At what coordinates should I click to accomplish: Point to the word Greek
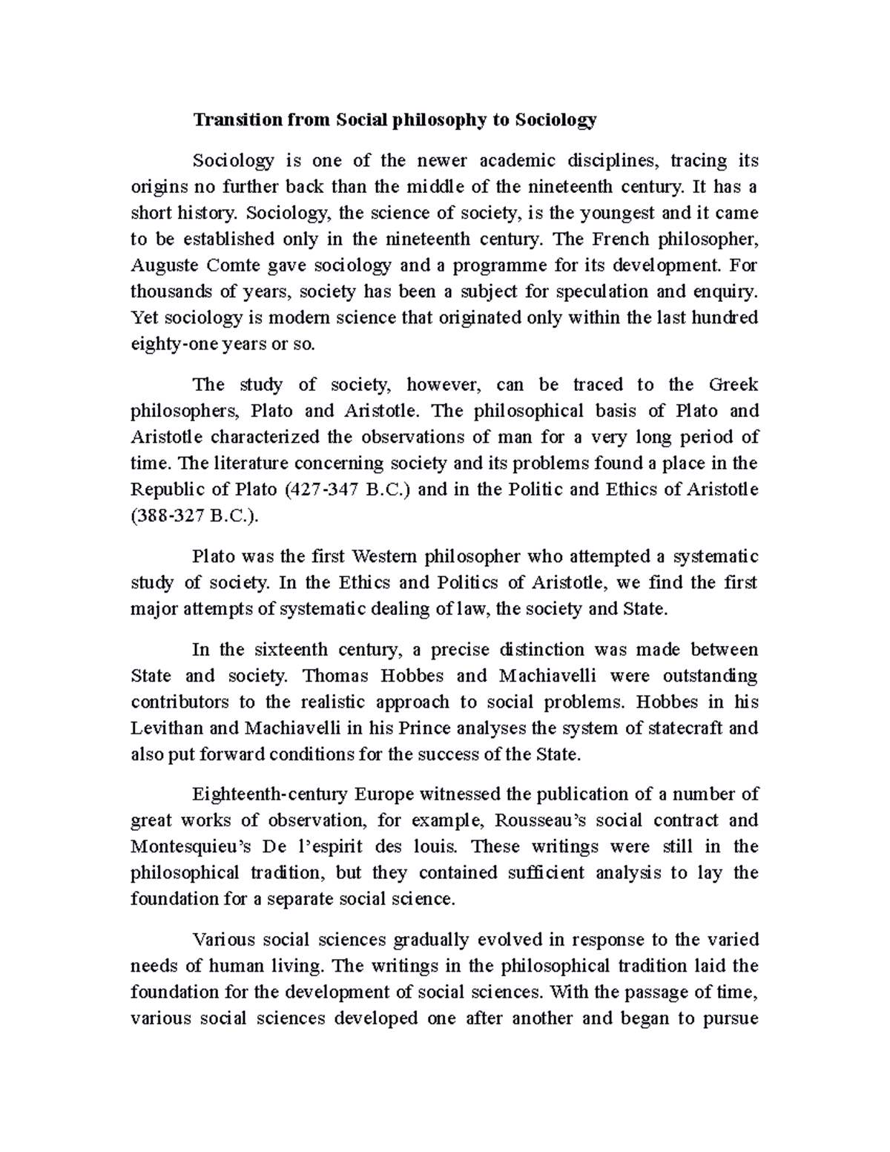[734, 384]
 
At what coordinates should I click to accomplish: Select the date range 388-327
[168, 517]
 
